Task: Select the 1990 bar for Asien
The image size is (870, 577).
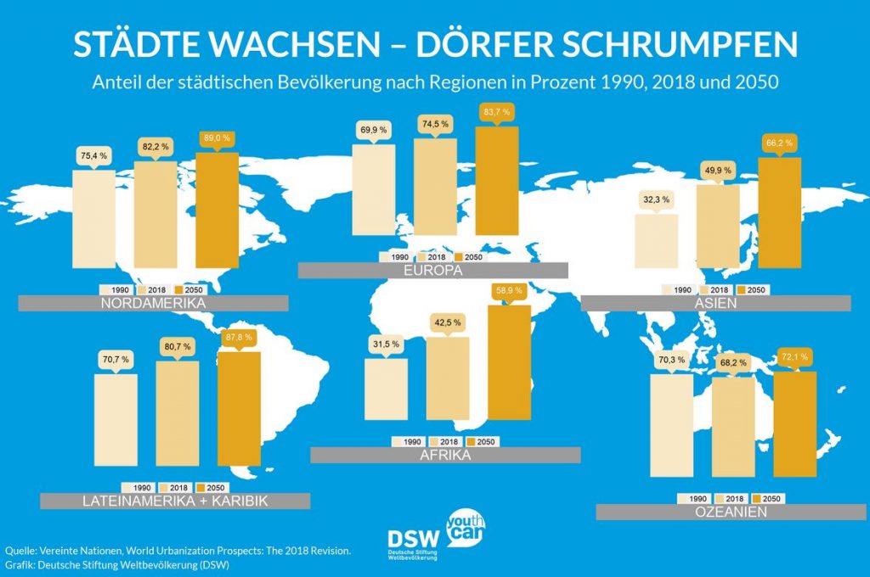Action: pos(656,241)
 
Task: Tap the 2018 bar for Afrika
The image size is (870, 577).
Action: pos(448,384)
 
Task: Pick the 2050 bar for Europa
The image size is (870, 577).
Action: pos(497,180)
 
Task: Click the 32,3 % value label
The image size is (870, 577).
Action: pos(655,200)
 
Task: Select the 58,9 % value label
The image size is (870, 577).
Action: pos(509,291)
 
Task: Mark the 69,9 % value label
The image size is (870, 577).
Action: pos(373,130)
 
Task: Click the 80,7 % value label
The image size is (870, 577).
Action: pos(177,347)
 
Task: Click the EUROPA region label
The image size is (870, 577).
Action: pos(432,272)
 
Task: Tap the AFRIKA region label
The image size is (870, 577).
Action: pos(445,456)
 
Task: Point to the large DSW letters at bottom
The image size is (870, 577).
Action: pos(414,540)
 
